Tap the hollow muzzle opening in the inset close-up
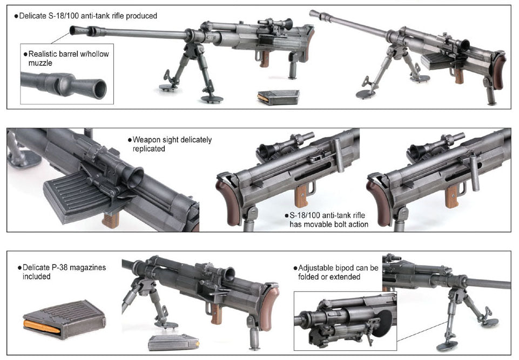point(99,89)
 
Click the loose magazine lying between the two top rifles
point(279,97)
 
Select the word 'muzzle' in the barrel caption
point(40,63)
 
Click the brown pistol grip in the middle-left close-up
point(110,220)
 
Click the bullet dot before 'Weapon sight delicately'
point(130,140)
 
